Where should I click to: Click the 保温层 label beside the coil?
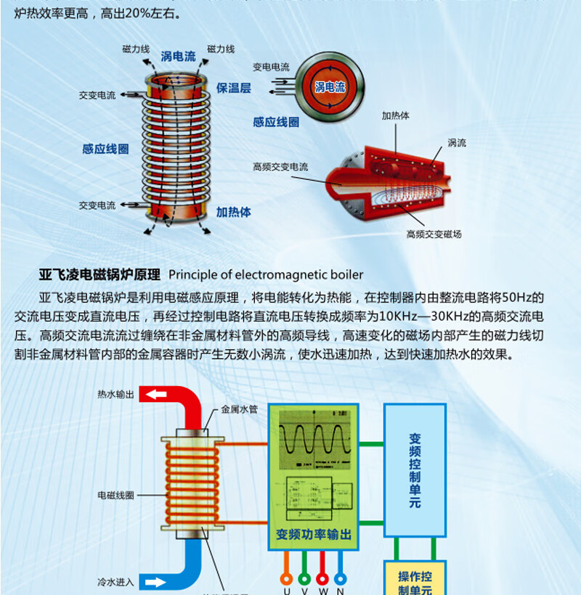(x=233, y=88)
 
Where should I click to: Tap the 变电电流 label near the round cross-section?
(x=271, y=67)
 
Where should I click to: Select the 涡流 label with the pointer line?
(x=457, y=143)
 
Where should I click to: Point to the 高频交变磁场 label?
(x=434, y=234)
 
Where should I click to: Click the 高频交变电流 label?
(x=280, y=167)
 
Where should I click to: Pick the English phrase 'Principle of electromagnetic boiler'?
(x=266, y=275)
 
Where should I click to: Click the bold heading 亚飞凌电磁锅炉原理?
(x=99, y=275)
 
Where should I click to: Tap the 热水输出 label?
(x=115, y=394)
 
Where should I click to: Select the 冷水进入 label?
(x=115, y=582)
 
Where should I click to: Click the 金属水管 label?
(x=239, y=409)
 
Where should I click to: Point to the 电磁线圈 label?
(x=115, y=495)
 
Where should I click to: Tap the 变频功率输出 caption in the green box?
(x=314, y=535)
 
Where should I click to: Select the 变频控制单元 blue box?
(x=415, y=470)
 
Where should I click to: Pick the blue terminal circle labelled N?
(x=341, y=580)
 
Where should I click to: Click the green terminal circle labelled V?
(x=304, y=580)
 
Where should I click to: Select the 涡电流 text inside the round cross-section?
(x=330, y=87)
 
